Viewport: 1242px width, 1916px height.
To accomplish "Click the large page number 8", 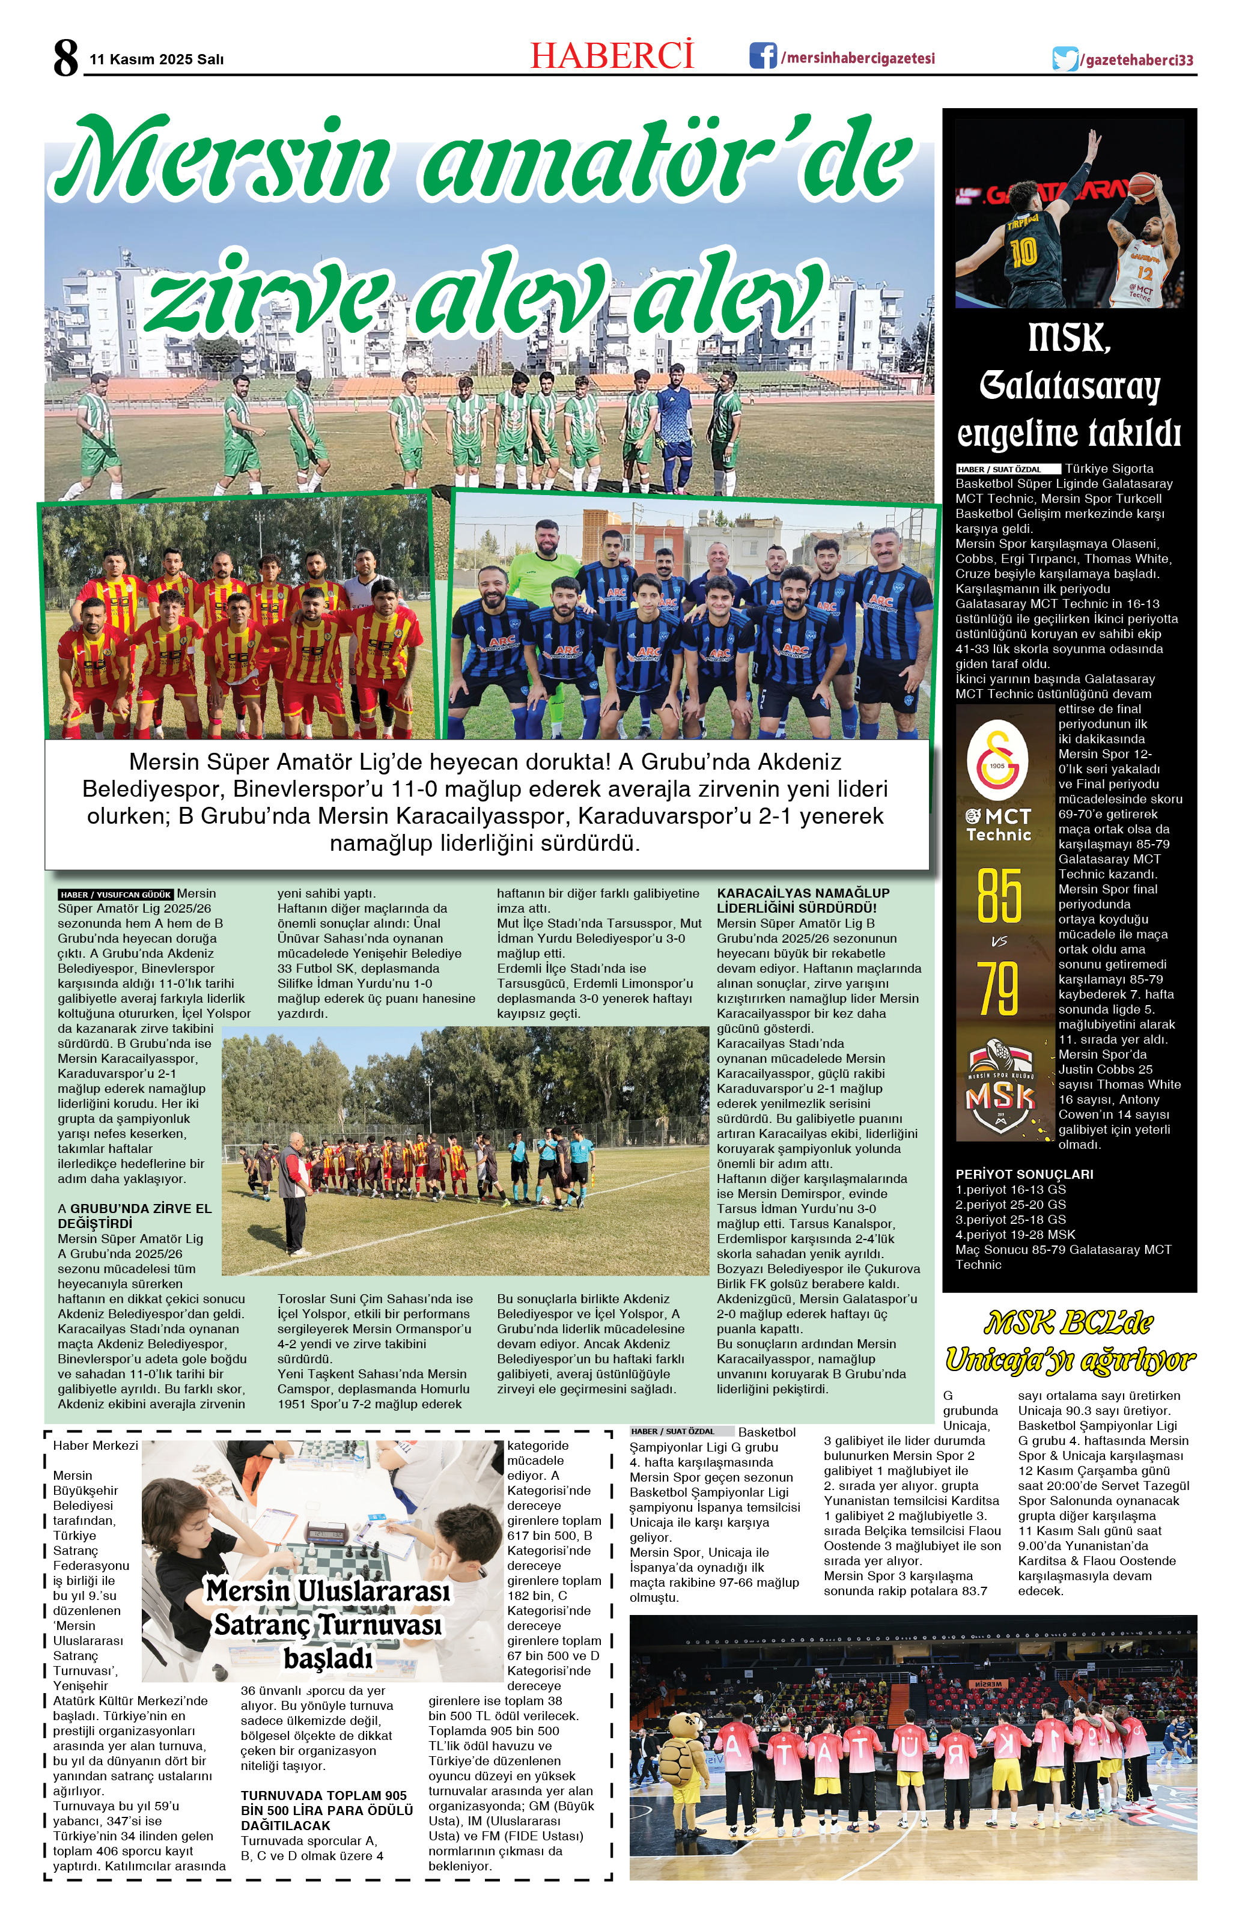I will pyautogui.click(x=66, y=58).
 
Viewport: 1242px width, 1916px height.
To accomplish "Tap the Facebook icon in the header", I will pyautogui.click(x=763, y=56).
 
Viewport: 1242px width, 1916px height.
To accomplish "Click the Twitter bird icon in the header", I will pyautogui.click(x=1065, y=59).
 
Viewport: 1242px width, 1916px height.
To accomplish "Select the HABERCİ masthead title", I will pyautogui.click(x=612, y=55).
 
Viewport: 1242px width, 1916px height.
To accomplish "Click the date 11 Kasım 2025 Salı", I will pyautogui.click(x=156, y=59).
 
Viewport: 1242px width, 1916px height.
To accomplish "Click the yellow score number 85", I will pyautogui.click(x=999, y=896).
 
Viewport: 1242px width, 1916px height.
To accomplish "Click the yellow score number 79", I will pyautogui.click(x=999, y=988).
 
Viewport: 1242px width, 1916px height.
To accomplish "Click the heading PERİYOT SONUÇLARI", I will pyautogui.click(x=1024, y=1175).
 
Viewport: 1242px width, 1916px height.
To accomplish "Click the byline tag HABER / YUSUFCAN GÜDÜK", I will pyautogui.click(x=116, y=895).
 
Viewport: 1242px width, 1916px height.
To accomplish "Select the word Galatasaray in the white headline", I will pyautogui.click(x=1069, y=387).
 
